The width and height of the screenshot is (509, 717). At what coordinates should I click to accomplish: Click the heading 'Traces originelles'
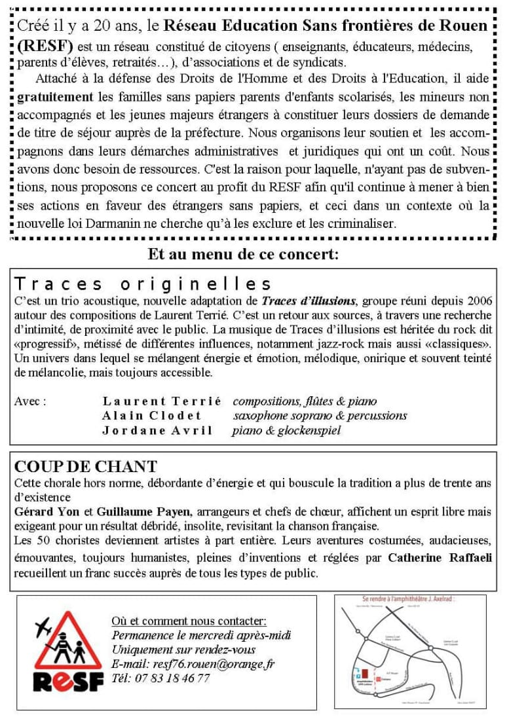coord(143,284)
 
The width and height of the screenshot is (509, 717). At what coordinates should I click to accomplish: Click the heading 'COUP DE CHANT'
coord(86,467)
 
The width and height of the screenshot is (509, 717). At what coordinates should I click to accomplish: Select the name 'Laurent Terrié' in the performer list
coord(162,401)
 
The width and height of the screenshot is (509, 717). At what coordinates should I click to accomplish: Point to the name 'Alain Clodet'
coord(152,415)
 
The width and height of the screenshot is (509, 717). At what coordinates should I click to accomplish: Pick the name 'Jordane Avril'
coord(157,430)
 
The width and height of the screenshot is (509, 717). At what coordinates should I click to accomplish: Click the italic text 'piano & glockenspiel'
coord(287,430)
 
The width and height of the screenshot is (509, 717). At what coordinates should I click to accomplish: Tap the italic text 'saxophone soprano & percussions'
coord(320,415)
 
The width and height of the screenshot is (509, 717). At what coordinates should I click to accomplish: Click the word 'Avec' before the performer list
coord(29,401)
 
